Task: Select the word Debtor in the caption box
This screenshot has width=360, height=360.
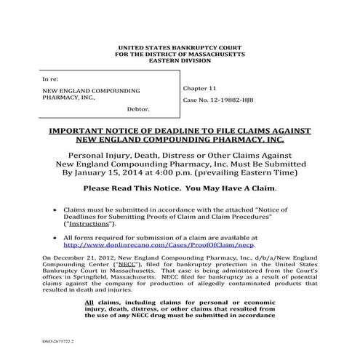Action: (137, 109)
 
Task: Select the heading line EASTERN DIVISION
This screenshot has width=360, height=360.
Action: (180, 60)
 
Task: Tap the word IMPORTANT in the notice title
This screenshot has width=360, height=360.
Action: (79, 131)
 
